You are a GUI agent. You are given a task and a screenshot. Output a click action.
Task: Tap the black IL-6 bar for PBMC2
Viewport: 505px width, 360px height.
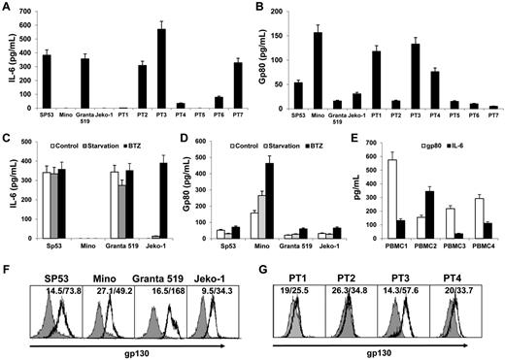click(x=429, y=215)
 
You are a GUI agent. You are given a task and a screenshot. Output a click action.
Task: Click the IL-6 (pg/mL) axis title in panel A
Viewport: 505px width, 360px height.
click(x=9, y=59)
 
